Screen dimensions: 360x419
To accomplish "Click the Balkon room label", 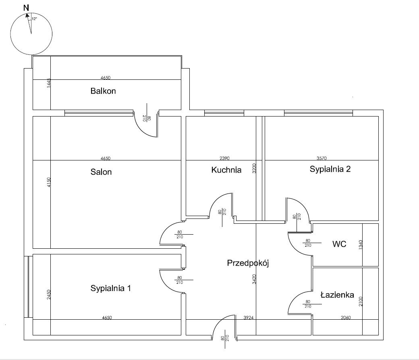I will click(x=103, y=91).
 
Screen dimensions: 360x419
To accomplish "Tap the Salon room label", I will click(x=101, y=172).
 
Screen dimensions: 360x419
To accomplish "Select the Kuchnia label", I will click(x=226, y=170).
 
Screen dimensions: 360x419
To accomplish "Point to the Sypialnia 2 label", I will click(x=330, y=169).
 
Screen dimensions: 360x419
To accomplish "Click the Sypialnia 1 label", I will click(x=110, y=289).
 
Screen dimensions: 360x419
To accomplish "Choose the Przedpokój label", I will click(x=248, y=264).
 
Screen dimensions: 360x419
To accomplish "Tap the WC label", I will click(x=339, y=244).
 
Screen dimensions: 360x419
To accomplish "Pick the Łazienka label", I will click(x=337, y=295).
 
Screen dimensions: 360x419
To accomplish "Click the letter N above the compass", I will click(x=26, y=8).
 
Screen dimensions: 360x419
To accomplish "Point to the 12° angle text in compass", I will click(x=34, y=19).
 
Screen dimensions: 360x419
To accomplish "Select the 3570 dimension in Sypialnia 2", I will click(x=321, y=158).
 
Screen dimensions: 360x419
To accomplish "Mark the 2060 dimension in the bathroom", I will click(x=346, y=318).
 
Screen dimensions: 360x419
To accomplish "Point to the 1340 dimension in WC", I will click(x=361, y=245).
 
